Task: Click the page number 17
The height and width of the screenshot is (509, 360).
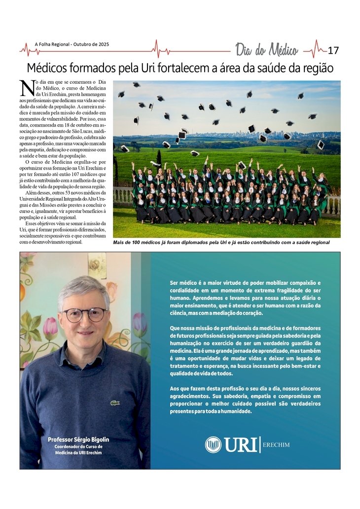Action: point(333,50)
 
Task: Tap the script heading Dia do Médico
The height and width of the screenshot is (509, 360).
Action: point(266,50)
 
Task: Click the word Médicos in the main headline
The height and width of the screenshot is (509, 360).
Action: point(48,68)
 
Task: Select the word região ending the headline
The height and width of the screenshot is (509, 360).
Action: point(316,68)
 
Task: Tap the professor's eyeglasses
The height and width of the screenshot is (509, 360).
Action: point(84,314)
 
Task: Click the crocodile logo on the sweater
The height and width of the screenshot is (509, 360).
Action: point(115,403)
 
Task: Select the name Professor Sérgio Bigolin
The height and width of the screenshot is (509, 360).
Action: point(78,439)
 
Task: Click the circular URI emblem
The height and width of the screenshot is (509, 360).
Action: point(213,444)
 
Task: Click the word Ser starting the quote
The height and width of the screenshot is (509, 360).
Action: point(174,282)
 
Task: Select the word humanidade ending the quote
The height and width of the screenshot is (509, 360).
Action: point(234,411)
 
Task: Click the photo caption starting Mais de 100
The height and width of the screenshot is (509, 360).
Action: point(221,242)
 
